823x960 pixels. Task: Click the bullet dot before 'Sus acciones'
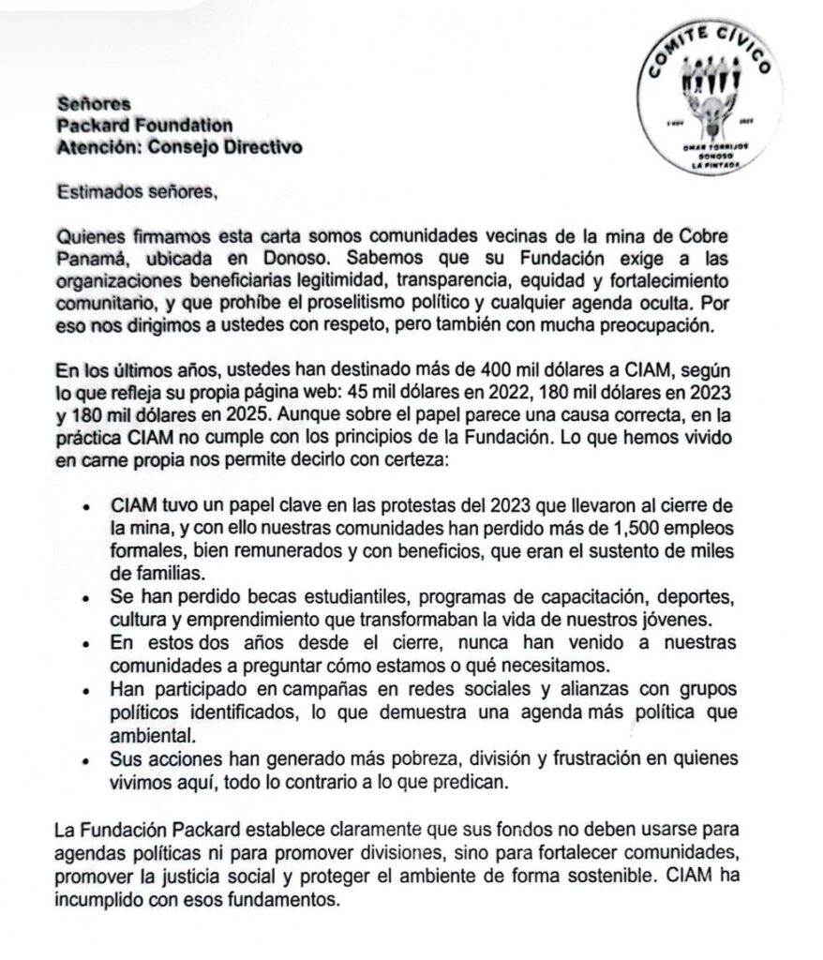(x=84, y=757)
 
